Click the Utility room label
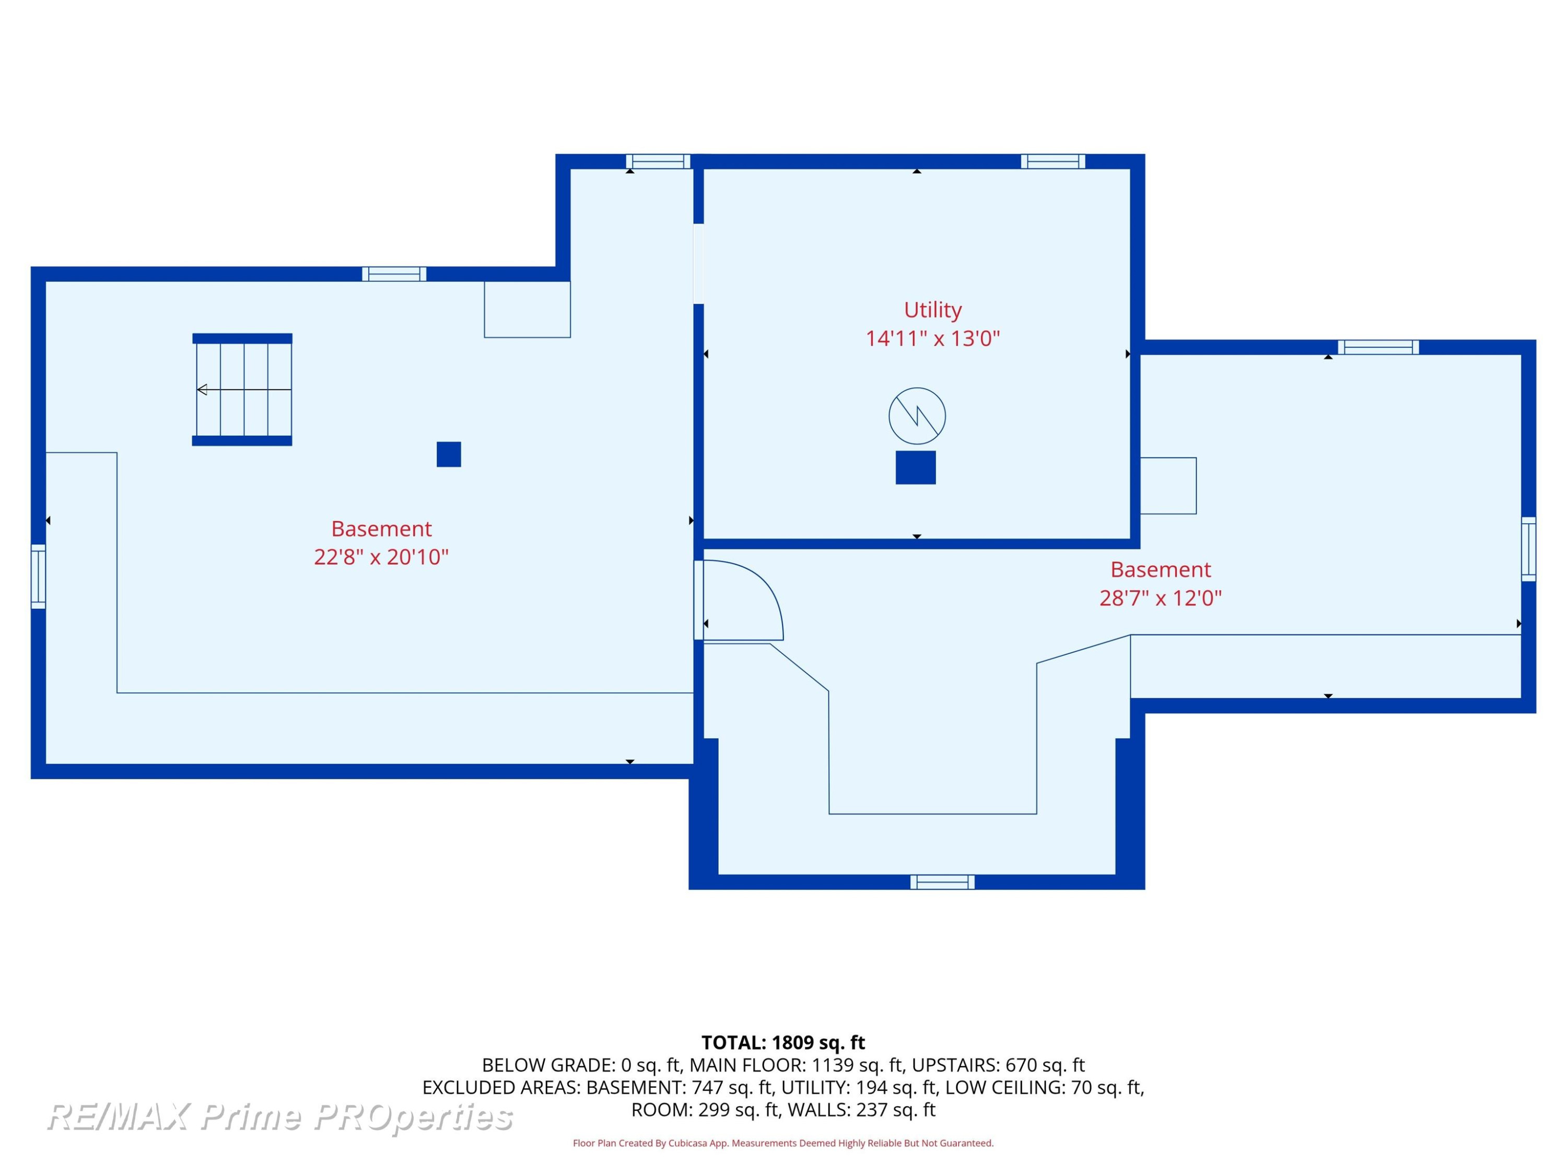click(932, 310)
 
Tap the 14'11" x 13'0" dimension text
click(932, 338)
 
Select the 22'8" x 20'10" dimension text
click(381, 557)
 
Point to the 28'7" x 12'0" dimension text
click(1161, 598)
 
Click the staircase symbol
click(242, 390)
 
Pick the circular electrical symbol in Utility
click(917, 416)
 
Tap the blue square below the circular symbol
click(916, 467)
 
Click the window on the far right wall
click(1529, 549)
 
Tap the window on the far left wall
click(38, 577)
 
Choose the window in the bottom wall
click(942, 882)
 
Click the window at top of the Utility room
click(1053, 161)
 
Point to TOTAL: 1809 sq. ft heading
click(783, 1042)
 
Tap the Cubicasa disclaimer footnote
click(783, 1143)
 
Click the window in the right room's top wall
click(1378, 347)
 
